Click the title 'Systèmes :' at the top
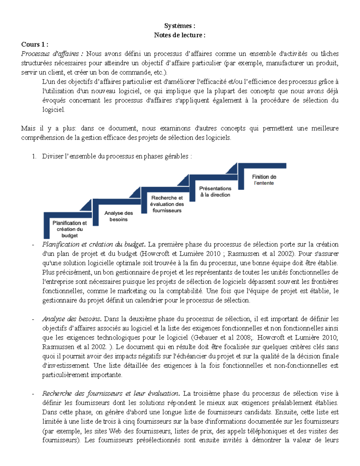(x=180, y=26)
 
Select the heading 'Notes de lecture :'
(x=180, y=35)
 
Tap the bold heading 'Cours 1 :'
(x=34, y=44)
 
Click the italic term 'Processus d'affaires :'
(x=52, y=54)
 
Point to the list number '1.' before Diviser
(x=34, y=156)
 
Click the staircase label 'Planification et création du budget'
(x=70, y=229)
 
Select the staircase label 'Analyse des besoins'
(x=118, y=216)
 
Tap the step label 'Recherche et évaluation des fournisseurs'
(x=167, y=204)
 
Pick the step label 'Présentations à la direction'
(x=215, y=191)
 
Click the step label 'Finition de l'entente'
(x=264, y=180)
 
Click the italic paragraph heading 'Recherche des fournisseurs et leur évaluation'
(x=110, y=393)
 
